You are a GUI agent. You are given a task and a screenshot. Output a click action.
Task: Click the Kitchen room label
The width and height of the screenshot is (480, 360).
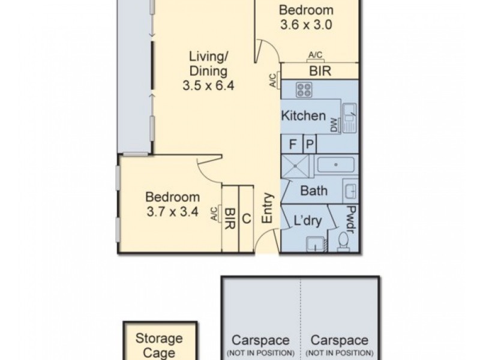304,116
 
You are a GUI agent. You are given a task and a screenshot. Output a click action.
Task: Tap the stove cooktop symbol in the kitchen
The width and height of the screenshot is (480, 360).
304,91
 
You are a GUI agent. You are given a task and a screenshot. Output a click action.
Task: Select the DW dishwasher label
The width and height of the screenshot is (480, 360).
334,125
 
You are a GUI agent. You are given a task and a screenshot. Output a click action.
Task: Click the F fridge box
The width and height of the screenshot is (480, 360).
293,144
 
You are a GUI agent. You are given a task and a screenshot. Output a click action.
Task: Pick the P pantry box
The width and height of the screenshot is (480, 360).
310,144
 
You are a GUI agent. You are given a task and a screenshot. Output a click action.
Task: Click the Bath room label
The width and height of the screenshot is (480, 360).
313,191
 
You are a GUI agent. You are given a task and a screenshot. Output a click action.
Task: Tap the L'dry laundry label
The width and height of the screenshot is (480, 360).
308,220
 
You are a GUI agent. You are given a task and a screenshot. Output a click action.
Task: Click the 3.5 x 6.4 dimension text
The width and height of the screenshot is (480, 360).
208,85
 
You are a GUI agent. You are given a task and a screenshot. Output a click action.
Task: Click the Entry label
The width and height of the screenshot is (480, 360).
268,209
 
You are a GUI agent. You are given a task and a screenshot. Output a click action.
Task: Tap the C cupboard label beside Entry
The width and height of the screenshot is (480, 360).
246,218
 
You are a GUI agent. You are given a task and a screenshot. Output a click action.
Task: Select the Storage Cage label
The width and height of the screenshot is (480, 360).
158,346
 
